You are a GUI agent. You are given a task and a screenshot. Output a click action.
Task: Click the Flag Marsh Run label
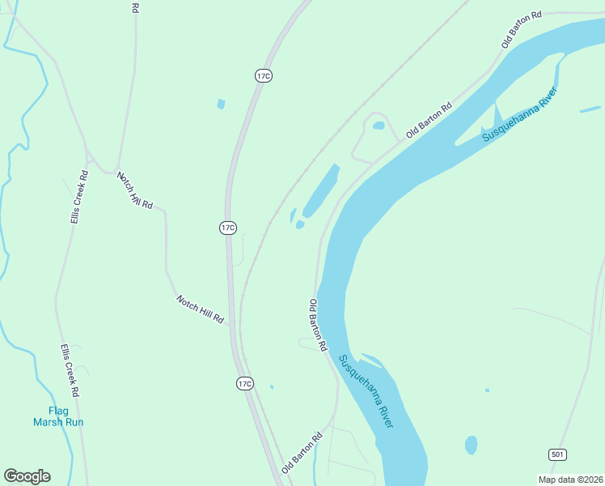58,416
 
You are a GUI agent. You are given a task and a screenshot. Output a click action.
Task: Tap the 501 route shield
556,454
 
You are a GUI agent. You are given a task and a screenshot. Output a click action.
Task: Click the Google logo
27,476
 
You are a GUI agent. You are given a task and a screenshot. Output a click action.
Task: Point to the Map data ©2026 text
570,480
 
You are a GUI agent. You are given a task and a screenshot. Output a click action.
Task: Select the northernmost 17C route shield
263,75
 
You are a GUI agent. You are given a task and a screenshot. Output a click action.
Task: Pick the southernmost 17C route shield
245,383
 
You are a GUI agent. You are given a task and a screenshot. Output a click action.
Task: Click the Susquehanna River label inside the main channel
367,391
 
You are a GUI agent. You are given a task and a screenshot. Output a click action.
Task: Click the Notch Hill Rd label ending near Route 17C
200,309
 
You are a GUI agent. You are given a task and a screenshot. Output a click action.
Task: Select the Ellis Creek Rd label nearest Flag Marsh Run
70,369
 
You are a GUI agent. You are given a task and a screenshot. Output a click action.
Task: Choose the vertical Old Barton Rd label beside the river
317,324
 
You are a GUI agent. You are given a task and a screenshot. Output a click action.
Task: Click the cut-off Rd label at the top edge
135,6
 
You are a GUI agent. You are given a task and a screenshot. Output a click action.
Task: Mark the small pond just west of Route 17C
221,104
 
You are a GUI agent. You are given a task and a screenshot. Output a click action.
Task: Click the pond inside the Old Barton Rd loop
378,126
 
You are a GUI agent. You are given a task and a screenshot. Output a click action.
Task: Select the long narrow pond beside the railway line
321,190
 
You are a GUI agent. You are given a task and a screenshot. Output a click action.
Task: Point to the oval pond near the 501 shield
471,445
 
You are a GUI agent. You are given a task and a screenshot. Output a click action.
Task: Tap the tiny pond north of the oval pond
487,390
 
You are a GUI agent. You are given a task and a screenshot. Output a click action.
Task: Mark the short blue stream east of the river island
590,109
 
